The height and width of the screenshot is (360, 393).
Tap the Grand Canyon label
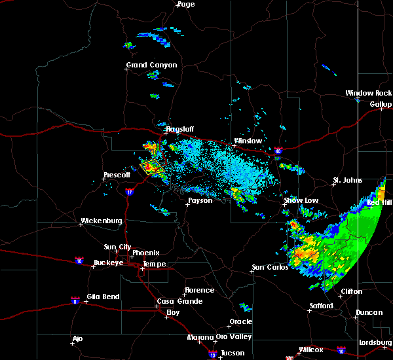[151, 65]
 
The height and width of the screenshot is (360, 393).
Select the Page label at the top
[186, 4]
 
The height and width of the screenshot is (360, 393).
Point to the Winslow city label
[248, 141]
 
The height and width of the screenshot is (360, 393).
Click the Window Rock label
[369, 94]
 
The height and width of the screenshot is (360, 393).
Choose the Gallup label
[381, 104]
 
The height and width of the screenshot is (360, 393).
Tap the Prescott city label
[117, 175]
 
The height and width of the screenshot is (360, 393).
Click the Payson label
[200, 200]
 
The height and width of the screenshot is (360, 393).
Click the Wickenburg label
[102, 221]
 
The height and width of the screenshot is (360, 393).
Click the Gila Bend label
[102, 297]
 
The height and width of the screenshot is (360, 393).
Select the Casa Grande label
[176, 301]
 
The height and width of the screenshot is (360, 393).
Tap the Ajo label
[78, 338]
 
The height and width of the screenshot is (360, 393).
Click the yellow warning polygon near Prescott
[152, 166]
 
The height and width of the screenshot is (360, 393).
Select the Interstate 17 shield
[129, 192]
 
